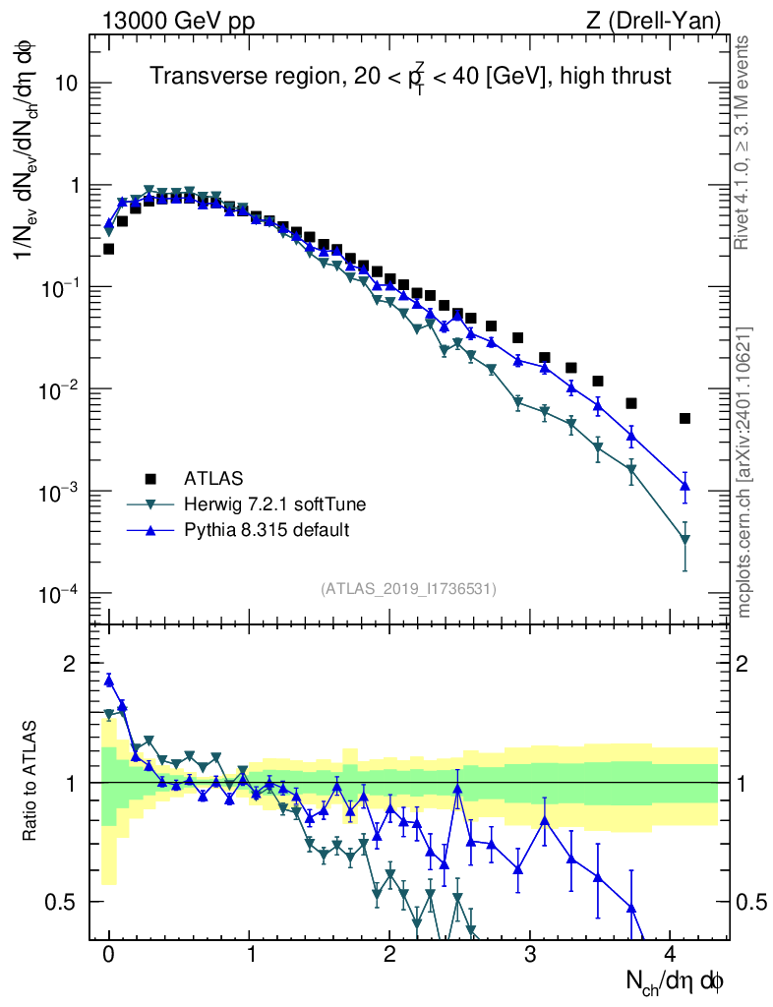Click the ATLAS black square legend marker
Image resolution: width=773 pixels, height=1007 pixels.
(x=150, y=479)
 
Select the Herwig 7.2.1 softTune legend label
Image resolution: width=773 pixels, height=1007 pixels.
(x=275, y=504)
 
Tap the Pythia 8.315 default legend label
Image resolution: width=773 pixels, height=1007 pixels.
(x=267, y=530)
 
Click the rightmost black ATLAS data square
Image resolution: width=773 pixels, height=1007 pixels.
(x=684, y=418)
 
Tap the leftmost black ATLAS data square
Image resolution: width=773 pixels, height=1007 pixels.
(x=109, y=249)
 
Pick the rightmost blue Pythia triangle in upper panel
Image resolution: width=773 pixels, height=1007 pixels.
(x=684, y=486)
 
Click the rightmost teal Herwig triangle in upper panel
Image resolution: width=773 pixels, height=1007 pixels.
(x=684, y=539)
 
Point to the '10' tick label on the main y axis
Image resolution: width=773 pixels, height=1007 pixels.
(x=64, y=84)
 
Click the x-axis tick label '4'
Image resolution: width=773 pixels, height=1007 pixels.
(x=670, y=954)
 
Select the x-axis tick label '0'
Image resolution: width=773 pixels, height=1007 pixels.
(x=109, y=954)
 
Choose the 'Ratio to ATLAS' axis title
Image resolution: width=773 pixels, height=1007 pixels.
(x=30, y=782)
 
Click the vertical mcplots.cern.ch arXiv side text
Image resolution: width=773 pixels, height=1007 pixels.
(x=744, y=472)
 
